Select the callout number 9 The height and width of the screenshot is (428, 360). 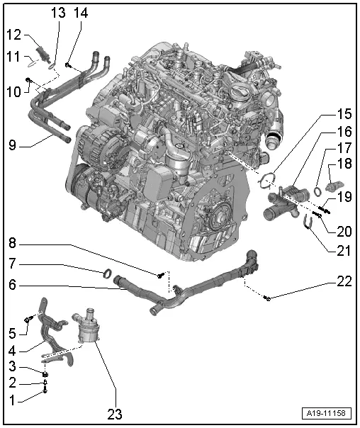[13, 146]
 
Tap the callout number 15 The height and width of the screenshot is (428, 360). [343, 113]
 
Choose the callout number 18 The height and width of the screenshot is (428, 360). [343, 164]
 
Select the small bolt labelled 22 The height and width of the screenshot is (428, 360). [268, 299]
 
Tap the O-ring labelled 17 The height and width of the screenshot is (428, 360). [318, 189]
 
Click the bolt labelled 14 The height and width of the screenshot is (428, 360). [68, 65]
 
